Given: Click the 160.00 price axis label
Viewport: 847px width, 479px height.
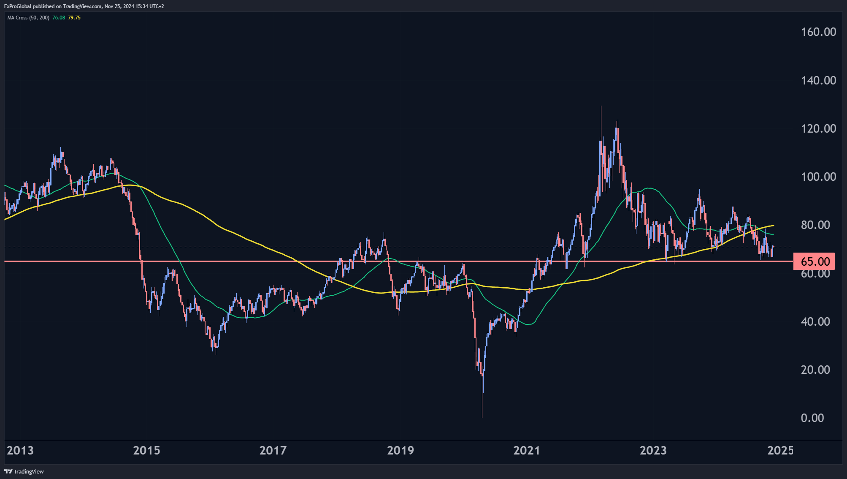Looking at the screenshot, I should [818, 32].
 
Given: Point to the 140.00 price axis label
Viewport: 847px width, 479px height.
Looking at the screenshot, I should [818, 80].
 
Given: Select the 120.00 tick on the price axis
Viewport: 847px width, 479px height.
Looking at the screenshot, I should [818, 128].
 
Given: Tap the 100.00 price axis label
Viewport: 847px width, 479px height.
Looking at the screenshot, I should [818, 177].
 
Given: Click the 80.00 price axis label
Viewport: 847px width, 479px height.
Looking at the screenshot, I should [815, 225].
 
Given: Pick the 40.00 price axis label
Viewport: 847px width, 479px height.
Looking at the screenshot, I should [815, 321].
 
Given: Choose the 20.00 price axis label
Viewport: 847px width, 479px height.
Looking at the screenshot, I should [815, 370].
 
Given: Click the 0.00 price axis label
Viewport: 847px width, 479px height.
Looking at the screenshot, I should [812, 418].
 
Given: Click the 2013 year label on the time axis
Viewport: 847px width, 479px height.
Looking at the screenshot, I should [20, 450].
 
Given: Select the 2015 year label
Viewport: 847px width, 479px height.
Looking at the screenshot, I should [146, 450].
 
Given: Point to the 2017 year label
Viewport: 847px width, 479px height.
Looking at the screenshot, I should [273, 450].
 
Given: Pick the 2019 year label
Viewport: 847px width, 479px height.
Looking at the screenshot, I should [400, 450].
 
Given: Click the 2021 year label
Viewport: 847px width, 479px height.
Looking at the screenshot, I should [527, 450].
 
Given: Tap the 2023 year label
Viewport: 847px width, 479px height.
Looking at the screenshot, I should [653, 450].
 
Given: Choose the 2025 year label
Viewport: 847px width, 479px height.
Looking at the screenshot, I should [780, 450].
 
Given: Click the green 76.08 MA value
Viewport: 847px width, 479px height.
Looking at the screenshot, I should [59, 18].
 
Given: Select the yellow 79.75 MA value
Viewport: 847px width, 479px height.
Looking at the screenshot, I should [74, 18].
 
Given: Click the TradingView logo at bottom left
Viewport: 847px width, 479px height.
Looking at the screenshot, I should [24, 471].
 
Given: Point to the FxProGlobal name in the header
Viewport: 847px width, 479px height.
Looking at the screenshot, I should [18, 6].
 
